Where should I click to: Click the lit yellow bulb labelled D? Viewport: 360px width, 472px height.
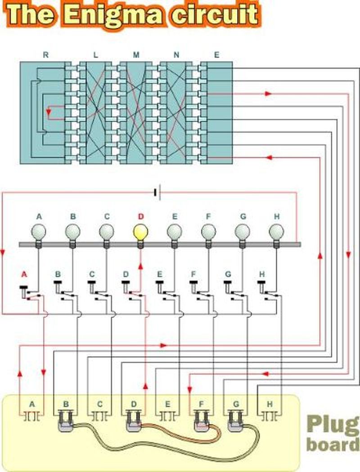point(140,233)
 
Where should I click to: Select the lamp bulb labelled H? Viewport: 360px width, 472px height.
point(276,233)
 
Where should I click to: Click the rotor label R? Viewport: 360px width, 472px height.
point(45,55)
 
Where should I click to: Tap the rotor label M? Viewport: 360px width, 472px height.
point(136,55)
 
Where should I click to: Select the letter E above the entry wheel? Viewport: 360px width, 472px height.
point(217,55)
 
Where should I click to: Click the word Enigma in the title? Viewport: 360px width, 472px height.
point(110,14)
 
